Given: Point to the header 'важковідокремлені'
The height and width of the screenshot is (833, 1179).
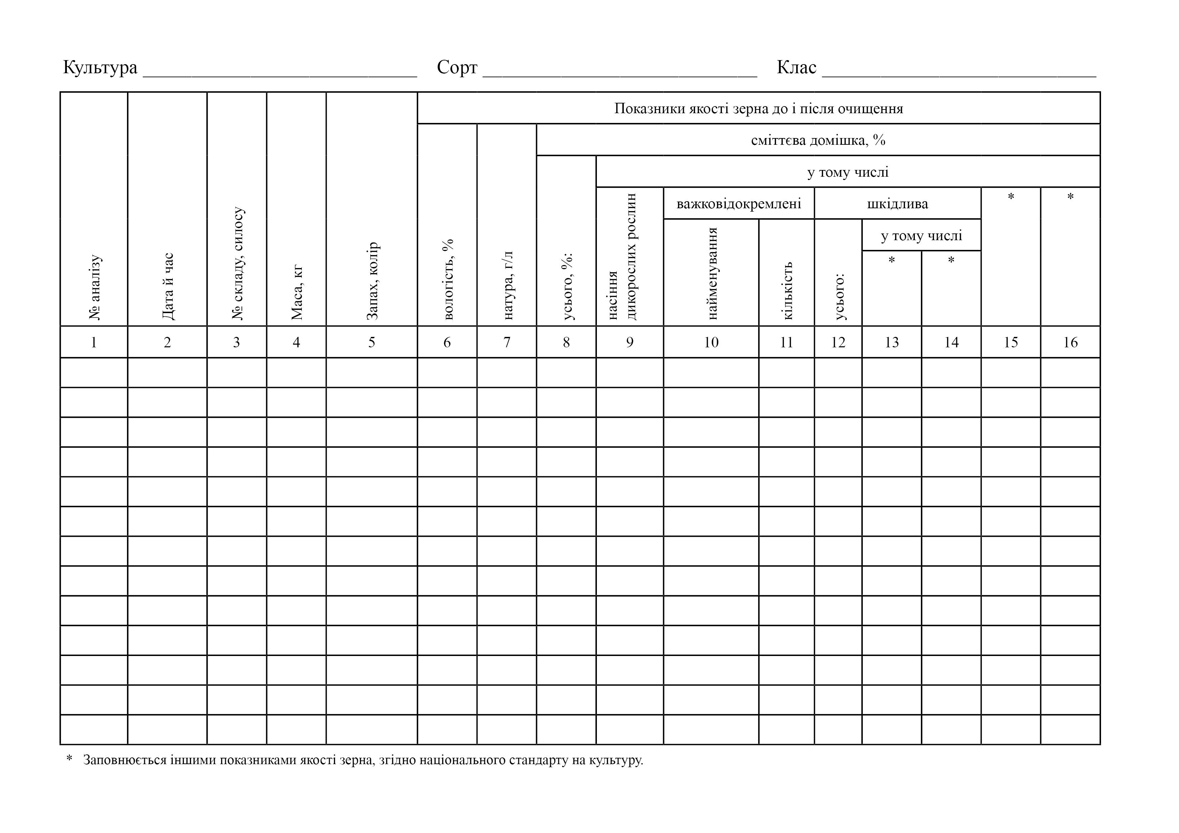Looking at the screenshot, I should coord(738,204).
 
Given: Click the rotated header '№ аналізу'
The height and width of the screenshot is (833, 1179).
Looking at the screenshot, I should coord(95,288).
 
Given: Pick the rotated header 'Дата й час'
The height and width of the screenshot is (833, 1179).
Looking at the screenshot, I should coord(168,287).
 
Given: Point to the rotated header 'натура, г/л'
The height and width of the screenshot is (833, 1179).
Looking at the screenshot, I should coord(507,286).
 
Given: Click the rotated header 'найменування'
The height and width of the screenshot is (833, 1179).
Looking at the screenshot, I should coord(712,273).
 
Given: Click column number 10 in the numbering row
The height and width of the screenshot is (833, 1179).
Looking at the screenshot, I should coord(711,342).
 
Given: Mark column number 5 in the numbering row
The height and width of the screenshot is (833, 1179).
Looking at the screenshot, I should coord(372,342).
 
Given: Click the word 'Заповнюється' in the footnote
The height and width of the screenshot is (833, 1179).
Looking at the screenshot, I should coord(125,760).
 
